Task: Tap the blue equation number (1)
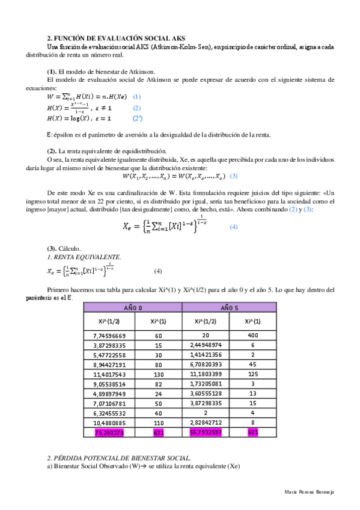136,96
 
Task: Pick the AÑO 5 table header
229,307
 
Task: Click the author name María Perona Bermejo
309,492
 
